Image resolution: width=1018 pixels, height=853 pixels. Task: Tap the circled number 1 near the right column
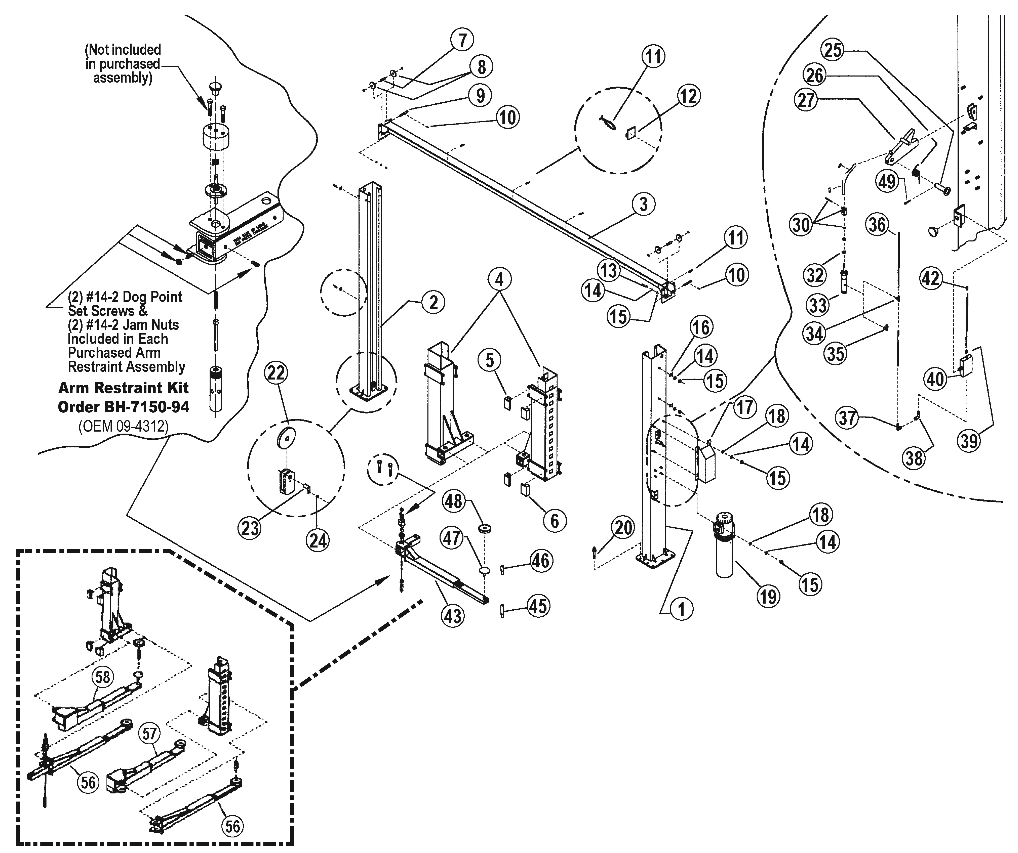681,609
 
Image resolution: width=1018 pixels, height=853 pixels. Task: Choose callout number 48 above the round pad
454,501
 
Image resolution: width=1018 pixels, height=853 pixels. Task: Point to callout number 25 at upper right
833,50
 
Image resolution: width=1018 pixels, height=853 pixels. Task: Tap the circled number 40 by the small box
936,379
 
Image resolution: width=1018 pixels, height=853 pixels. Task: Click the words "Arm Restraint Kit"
124,388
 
